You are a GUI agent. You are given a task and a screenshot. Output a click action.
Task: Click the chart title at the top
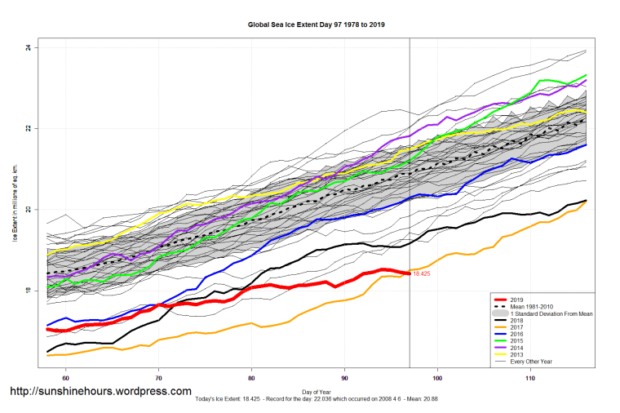(317, 25)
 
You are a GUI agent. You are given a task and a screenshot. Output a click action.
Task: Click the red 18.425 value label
(422, 274)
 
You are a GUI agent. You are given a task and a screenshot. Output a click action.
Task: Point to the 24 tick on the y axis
(29, 48)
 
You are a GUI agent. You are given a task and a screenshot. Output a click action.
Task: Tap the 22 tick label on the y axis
(29, 129)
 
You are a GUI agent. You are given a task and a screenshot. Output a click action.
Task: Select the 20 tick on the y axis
(29, 210)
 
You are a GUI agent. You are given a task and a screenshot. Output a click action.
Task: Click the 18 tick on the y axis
(29, 291)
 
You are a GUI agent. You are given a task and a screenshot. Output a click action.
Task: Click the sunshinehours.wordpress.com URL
(100, 392)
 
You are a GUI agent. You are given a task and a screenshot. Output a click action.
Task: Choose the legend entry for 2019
(519, 300)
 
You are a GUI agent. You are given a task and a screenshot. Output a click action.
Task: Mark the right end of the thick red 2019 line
(409, 273)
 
